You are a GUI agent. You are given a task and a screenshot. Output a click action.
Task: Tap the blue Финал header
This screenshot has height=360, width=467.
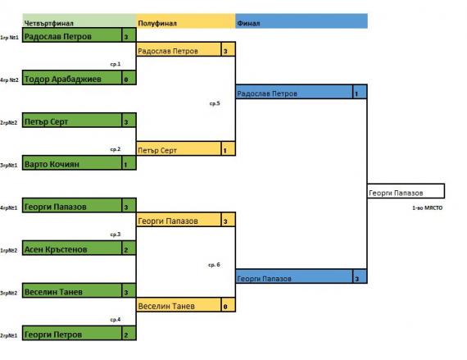302,21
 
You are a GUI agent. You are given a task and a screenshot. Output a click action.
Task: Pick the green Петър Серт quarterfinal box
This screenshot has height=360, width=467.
72,121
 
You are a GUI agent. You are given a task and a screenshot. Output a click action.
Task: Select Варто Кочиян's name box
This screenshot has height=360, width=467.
72,163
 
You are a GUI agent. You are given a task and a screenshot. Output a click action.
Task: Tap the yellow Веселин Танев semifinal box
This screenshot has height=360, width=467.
179,305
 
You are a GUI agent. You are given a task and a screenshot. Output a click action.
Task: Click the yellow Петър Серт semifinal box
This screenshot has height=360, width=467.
179,149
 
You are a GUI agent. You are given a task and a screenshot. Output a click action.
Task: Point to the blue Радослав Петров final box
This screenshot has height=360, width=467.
294,93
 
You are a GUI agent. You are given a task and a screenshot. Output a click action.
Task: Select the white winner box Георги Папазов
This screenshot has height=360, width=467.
406,191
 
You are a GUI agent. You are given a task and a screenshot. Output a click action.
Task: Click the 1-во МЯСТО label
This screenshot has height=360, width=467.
427,208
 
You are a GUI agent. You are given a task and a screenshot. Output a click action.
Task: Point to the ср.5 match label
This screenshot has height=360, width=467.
215,103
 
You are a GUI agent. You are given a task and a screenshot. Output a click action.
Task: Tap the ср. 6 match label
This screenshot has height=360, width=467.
214,265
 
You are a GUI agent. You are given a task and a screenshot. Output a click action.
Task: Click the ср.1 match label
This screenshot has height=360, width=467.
116,64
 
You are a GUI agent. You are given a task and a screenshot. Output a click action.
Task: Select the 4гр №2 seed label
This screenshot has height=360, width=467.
9,80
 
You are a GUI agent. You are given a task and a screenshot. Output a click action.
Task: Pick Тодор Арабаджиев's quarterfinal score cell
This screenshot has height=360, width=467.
129,78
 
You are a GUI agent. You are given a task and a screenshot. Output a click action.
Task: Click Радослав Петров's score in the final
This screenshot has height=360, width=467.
360,93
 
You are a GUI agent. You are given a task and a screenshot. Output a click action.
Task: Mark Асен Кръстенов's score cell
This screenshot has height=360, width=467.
129,248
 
